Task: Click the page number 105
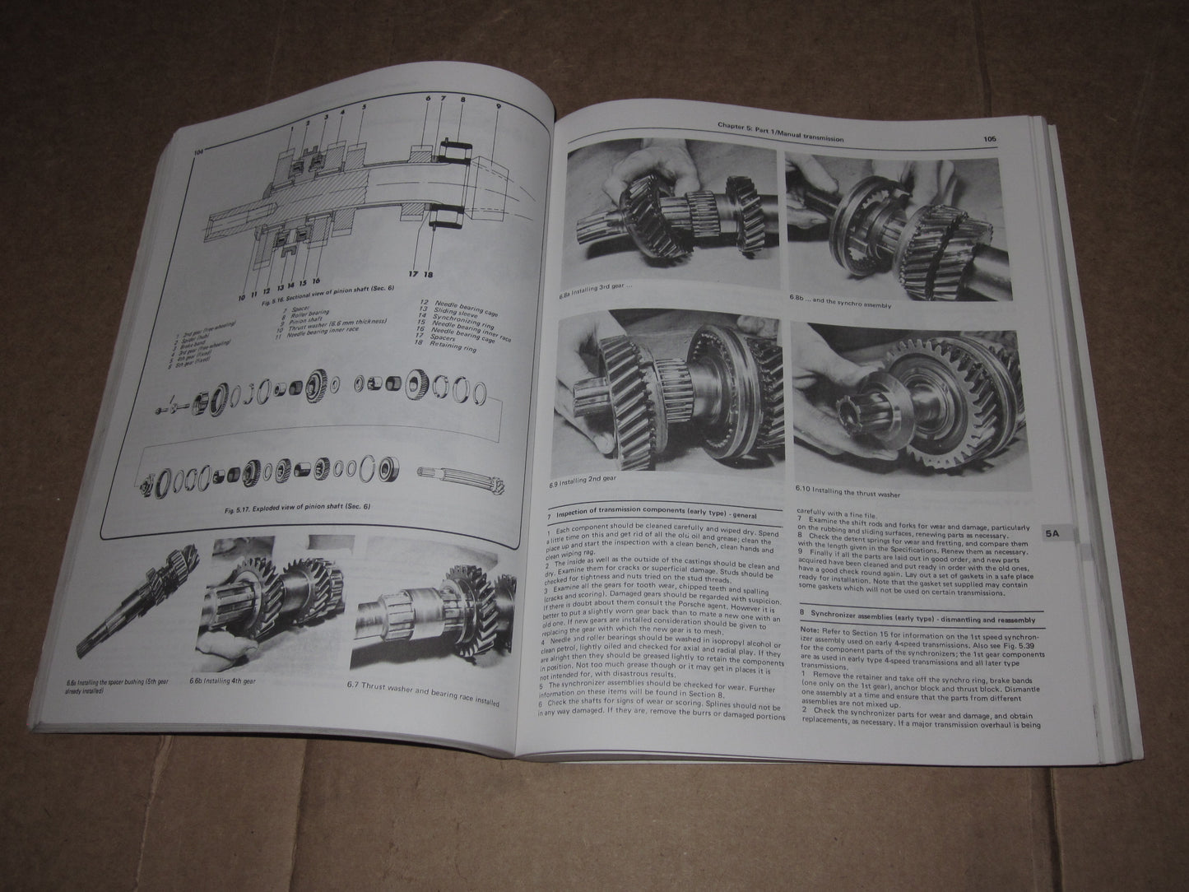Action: tap(988, 139)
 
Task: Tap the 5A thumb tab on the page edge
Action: tap(1052, 533)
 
